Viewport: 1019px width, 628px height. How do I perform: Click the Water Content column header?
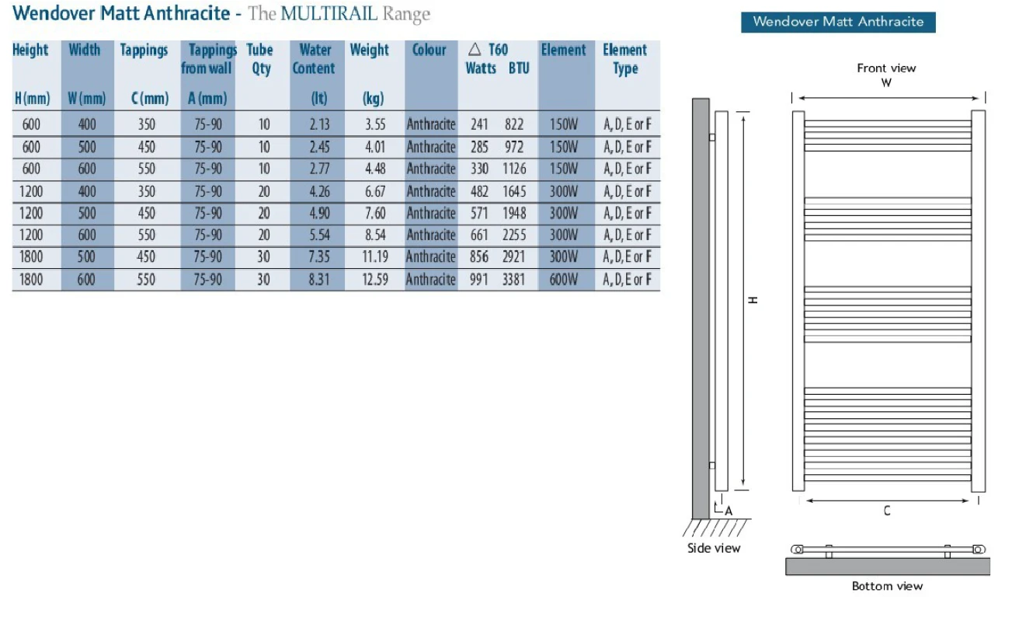[x=315, y=59]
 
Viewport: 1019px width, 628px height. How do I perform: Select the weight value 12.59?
[x=375, y=279]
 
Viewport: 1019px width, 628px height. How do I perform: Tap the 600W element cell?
[x=564, y=279]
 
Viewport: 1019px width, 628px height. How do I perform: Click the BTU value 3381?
[x=513, y=279]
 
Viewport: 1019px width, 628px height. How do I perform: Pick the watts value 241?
[x=479, y=124]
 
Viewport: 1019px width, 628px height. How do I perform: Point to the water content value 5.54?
[x=319, y=235]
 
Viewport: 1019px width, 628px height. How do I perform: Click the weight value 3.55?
[x=375, y=124]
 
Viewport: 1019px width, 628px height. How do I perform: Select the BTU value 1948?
[x=514, y=213]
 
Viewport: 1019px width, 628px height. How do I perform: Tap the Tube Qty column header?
[x=260, y=59]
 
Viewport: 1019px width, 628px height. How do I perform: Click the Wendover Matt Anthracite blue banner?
[x=838, y=22]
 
